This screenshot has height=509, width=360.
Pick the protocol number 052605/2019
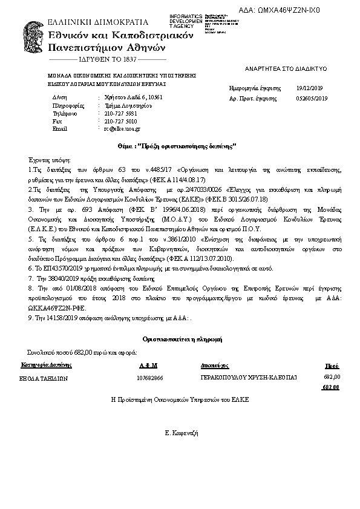click(x=312, y=97)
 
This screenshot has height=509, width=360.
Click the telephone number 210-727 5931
click(x=120, y=113)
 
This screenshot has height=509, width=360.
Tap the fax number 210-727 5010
click(x=120, y=121)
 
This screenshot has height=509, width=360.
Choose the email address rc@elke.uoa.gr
click(x=122, y=129)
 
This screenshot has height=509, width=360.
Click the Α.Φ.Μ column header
click(x=148, y=366)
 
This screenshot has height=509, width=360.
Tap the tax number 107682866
click(x=150, y=378)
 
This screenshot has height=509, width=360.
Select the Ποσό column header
click(x=332, y=366)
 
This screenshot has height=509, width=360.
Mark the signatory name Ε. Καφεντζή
click(x=182, y=433)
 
